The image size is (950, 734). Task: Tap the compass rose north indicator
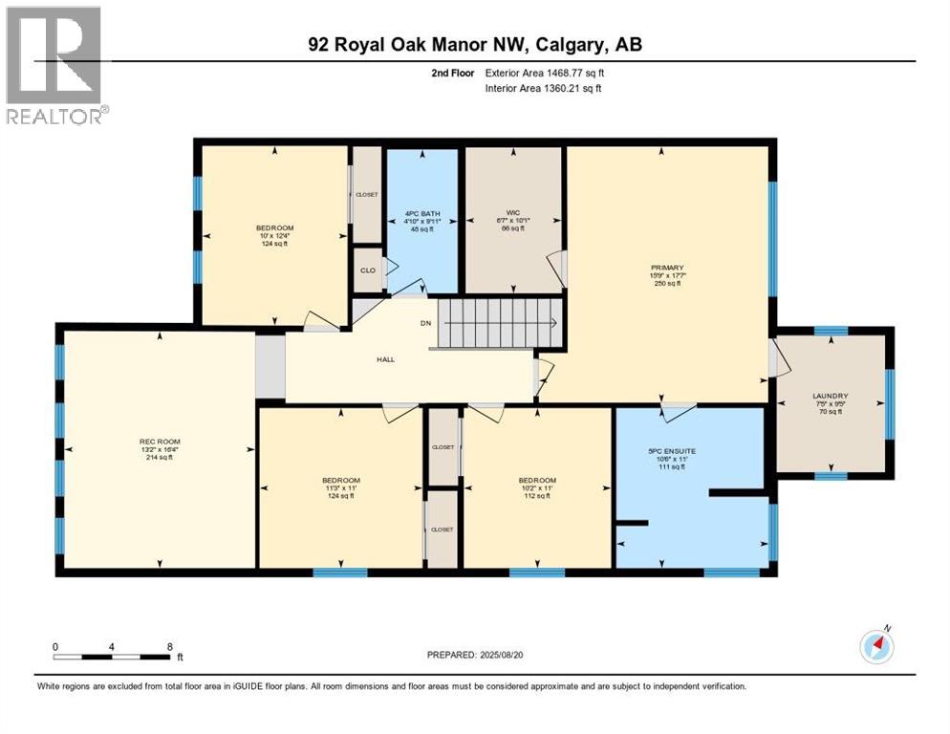coord(876,646)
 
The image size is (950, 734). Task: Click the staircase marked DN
coord(497,323)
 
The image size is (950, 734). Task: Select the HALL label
coord(385,359)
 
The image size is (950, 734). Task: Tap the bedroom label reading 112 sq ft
coord(536,487)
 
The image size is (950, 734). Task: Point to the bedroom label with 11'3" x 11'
coord(341,487)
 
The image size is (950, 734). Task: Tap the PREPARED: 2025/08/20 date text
coord(475,655)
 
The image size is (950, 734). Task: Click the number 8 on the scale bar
coord(169,646)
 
